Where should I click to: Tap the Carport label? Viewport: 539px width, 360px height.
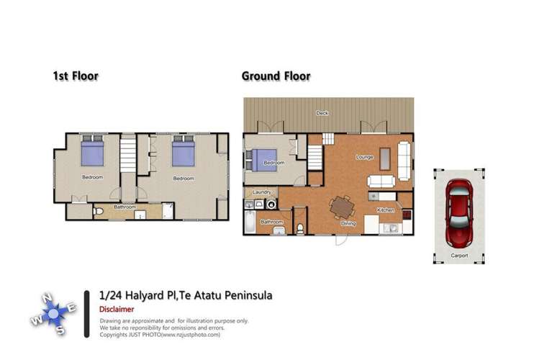(458, 256)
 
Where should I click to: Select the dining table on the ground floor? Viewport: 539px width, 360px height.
(342, 207)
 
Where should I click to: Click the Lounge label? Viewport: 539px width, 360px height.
(364, 156)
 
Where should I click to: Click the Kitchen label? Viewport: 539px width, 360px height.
(386, 210)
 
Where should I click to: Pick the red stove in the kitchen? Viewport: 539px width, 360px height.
(406, 215)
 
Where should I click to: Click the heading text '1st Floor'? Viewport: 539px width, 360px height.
(75, 76)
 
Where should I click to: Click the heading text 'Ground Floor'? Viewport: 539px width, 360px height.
(276, 76)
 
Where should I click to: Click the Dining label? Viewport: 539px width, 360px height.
(348, 223)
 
